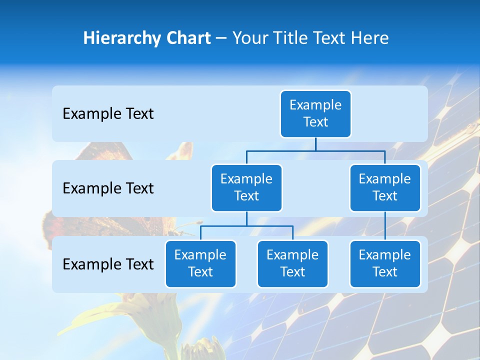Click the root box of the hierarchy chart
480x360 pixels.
click(x=315, y=113)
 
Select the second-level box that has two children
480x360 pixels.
click(x=246, y=187)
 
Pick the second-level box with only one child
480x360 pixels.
click(x=385, y=187)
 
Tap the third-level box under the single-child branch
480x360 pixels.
click(x=385, y=263)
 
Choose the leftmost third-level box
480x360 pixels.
click(x=200, y=263)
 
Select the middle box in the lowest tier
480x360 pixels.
click(x=292, y=263)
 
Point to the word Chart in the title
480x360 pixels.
click(x=186, y=38)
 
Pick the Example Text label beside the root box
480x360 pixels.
click(x=108, y=113)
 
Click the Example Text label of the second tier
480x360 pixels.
click(x=108, y=188)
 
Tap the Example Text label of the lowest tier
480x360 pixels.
click(x=108, y=264)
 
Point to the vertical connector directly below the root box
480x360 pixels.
click(x=315, y=144)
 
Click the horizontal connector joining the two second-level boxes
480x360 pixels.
click(x=315, y=151)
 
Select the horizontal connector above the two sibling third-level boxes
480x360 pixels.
click(x=246, y=226)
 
